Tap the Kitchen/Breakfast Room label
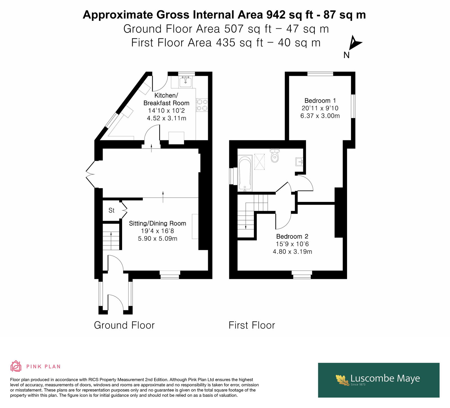pos(166,99)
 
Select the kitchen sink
pos(186,82)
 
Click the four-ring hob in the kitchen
pos(202,105)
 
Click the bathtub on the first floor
pos(245,174)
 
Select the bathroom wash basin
pos(299,162)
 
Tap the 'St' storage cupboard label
pos(111,210)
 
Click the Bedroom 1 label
pos(320,101)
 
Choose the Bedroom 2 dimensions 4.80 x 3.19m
pos(292,252)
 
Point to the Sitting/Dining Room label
pos(157,224)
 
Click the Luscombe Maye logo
pos(379,380)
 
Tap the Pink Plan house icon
pos(16,366)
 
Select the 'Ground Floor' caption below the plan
pos(124,325)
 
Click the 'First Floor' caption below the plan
pos(252,325)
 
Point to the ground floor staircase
pos(111,236)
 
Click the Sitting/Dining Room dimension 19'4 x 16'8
pos(157,231)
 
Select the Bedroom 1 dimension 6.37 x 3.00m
pos(320,116)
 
